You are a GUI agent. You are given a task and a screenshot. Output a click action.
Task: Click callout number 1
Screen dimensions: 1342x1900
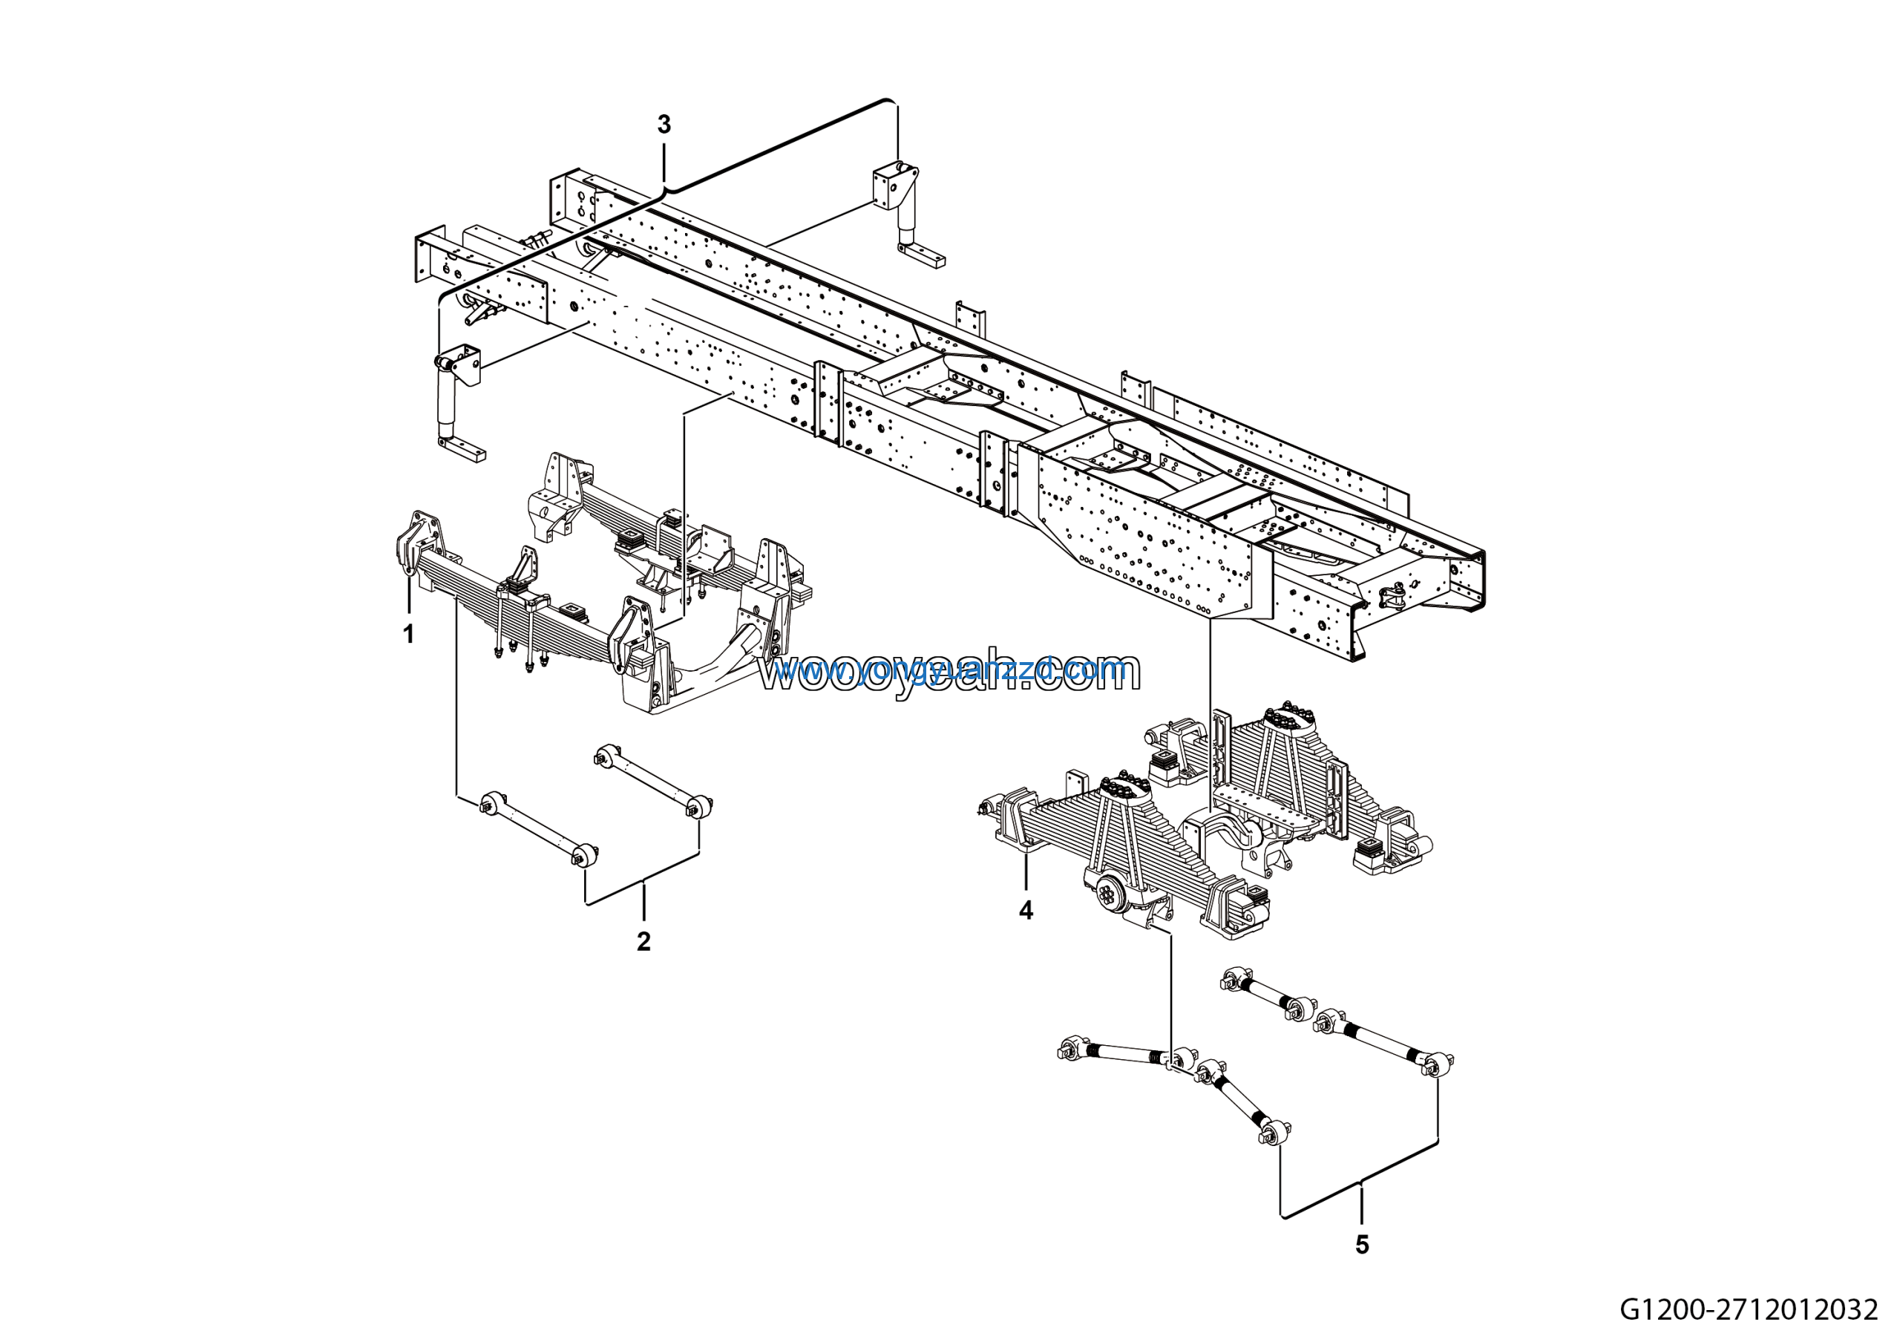tap(408, 635)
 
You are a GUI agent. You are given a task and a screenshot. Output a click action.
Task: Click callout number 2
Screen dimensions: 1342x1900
tap(643, 941)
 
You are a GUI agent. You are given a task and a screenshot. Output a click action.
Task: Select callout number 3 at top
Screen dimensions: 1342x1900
tap(664, 125)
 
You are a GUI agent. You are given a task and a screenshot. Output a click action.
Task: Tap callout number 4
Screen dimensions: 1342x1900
tap(1026, 910)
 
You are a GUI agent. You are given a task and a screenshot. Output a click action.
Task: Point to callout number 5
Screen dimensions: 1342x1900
tap(1362, 1244)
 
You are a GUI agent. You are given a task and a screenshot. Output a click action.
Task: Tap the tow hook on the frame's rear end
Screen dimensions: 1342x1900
tap(1393, 593)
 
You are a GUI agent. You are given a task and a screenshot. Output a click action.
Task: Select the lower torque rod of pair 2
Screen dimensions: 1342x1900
tap(539, 828)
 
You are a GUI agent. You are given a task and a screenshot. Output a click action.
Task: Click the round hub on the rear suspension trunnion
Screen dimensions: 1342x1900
tap(1107, 892)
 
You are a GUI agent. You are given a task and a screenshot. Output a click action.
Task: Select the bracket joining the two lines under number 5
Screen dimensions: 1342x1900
tap(1361, 1183)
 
